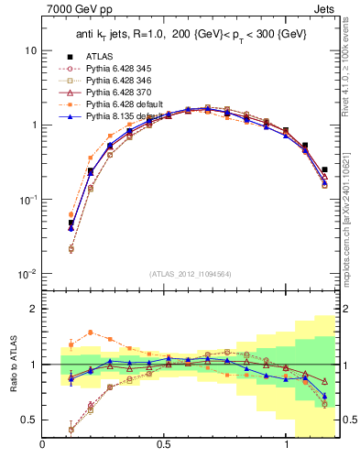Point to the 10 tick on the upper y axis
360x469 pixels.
point(30,50)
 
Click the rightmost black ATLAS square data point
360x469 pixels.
point(325,169)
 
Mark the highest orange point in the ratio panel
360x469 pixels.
point(91,333)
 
